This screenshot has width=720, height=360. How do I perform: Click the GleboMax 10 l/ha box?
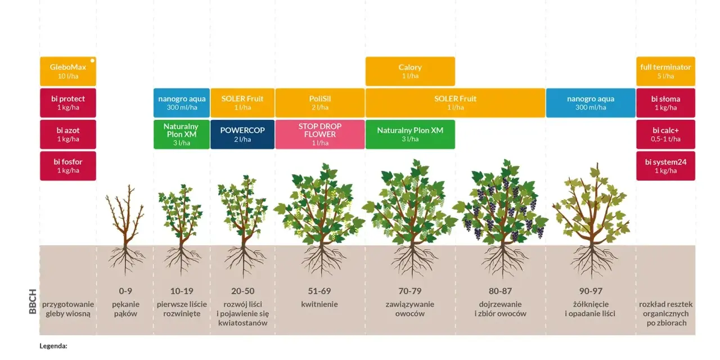tap(68, 71)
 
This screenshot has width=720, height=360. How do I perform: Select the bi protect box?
tap(68, 103)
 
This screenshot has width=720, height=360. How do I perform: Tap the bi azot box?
tap(68, 134)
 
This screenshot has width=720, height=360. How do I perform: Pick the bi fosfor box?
tap(68, 166)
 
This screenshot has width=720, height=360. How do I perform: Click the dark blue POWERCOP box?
tap(242, 134)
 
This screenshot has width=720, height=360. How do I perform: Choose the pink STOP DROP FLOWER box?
tap(320, 134)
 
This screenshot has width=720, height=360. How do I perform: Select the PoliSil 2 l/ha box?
tap(320, 103)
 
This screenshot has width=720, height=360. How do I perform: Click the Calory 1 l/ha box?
tap(410, 71)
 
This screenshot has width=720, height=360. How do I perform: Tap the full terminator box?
tap(665, 71)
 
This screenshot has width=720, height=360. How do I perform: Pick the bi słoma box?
tap(665, 103)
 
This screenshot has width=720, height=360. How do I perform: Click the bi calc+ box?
tap(665, 134)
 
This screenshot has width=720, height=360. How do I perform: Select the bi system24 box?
tap(665, 166)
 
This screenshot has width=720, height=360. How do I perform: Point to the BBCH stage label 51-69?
tap(319, 291)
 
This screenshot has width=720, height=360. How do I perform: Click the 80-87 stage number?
tap(500, 291)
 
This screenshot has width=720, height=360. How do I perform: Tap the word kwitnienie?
tap(319, 304)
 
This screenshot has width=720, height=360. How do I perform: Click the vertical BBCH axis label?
tap(33, 301)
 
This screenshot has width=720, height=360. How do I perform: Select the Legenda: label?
tap(53, 346)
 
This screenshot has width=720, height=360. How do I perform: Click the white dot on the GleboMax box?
tap(93, 60)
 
